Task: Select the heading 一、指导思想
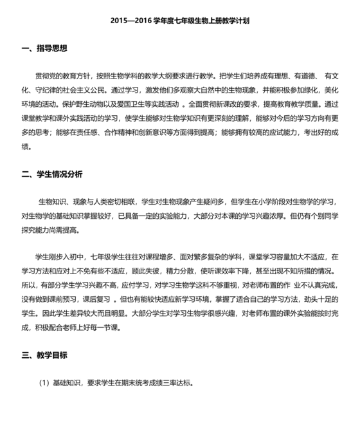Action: [x=44, y=48]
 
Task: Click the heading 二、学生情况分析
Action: [x=52, y=174]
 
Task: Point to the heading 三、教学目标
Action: [x=44, y=355]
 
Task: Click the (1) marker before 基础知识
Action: [x=44, y=383]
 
